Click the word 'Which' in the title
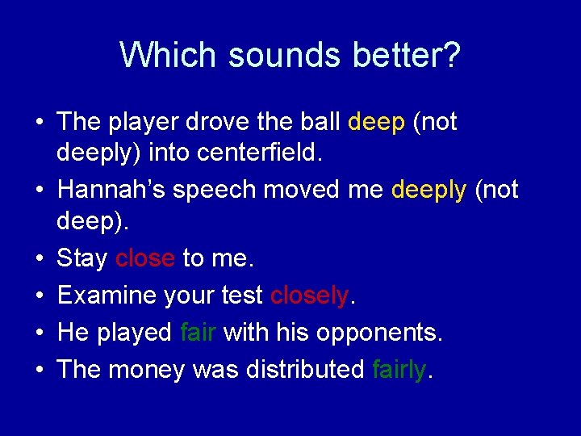169,55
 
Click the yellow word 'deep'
376,123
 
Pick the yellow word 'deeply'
428,191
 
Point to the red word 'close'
145,258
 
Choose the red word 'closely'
309,296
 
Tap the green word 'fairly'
399,370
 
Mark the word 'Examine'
107,296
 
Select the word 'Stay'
82,259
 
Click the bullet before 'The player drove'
40,123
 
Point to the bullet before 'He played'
40,333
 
